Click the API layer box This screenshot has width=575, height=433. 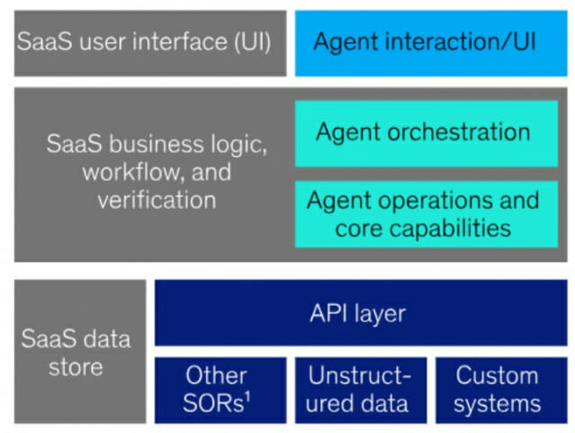(361, 312)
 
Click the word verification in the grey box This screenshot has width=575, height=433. (157, 200)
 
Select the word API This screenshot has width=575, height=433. (328, 313)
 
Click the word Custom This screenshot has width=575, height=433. (497, 375)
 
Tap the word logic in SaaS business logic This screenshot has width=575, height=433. (240, 144)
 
